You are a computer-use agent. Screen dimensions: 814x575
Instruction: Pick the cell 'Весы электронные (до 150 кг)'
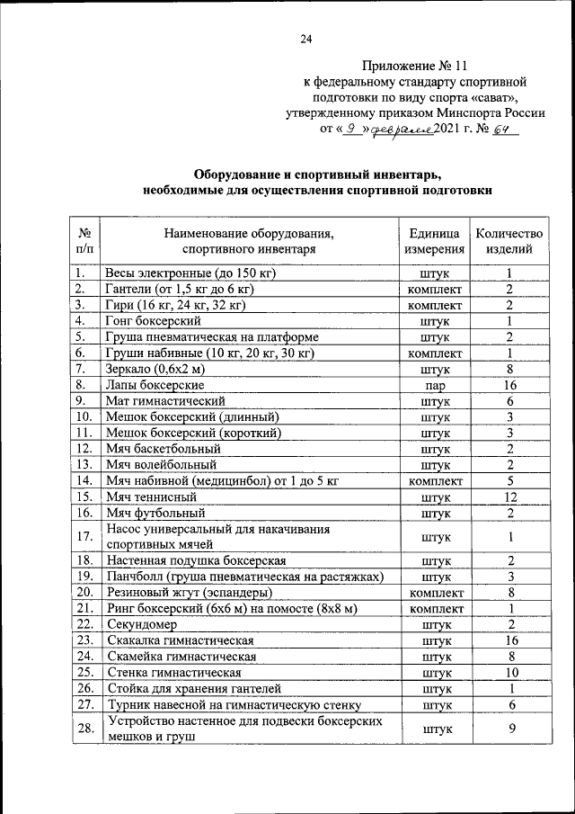190,273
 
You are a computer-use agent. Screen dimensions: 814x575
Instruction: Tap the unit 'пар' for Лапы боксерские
435,385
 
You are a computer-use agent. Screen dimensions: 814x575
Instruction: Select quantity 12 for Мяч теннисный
509,496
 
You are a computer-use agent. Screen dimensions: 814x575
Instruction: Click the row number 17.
84,537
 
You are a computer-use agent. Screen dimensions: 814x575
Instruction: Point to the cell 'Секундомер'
141,624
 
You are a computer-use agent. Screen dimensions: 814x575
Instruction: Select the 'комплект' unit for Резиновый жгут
435,593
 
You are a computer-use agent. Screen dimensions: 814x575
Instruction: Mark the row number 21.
84,609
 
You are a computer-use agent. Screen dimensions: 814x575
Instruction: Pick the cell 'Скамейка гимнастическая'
181,657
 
